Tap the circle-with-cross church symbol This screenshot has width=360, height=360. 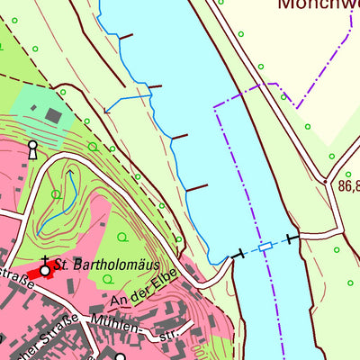(44, 269)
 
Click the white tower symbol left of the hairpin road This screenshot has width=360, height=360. (32, 148)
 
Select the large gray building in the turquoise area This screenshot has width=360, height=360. (53, 115)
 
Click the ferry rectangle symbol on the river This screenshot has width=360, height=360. (265, 246)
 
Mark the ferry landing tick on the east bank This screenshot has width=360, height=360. (291, 238)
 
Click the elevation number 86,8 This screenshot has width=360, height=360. (349, 187)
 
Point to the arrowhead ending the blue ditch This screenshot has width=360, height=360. (107, 111)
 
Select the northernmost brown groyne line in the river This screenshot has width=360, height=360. (124, 37)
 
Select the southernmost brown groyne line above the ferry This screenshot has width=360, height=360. (197, 187)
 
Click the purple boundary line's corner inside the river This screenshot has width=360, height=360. (216, 107)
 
